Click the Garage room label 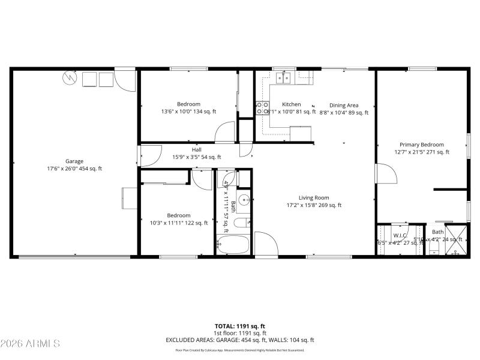pyautogui.click(x=74, y=161)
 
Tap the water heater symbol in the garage pyautogui.click(x=70, y=79)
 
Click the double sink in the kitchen pyautogui.click(x=283, y=77)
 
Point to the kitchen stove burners pyautogui.click(x=263, y=107)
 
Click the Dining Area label pyautogui.click(x=344, y=105)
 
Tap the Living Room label pyautogui.click(x=314, y=197)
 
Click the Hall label pyautogui.click(x=196, y=149)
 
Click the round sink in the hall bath pyautogui.click(x=244, y=200)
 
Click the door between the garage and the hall pyautogui.click(x=148, y=156)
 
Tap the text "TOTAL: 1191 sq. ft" pyautogui.click(x=240, y=326)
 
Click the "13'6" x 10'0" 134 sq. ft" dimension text pyautogui.click(x=188, y=112)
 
